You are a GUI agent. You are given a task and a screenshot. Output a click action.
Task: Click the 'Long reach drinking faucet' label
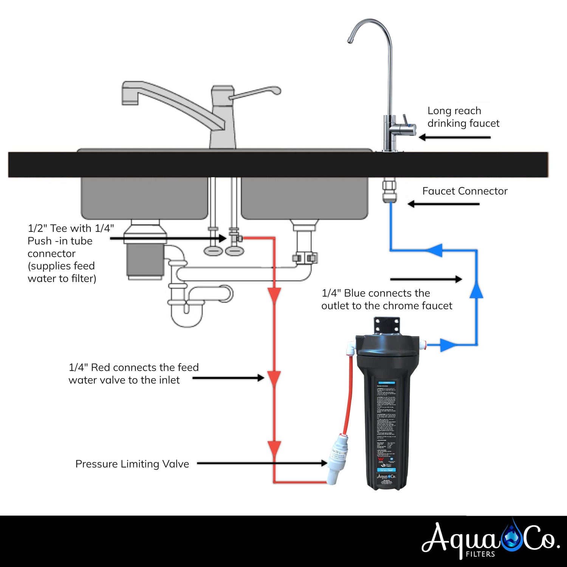tap(463, 117)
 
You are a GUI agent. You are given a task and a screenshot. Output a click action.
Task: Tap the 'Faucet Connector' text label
tap(465, 191)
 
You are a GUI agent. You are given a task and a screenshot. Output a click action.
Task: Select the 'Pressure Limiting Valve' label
tap(132, 464)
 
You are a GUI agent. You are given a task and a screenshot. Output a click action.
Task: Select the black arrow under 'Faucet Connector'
tap(443, 204)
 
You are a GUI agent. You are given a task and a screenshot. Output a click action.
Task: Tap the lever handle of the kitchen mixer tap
tap(257, 92)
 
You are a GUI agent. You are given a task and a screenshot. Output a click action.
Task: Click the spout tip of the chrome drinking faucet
tap(350, 41)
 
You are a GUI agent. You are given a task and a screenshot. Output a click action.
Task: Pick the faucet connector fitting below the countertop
tap(389, 191)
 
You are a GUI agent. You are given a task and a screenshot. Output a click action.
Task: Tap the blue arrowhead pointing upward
tap(476, 290)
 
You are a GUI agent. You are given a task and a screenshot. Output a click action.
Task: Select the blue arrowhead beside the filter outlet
tap(448, 345)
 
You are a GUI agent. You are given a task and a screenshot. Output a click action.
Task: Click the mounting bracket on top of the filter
tap(387, 325)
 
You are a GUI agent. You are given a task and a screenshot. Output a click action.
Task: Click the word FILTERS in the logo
tap(480, 554)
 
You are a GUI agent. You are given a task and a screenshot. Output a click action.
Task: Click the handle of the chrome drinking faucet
tap(405, 120)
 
